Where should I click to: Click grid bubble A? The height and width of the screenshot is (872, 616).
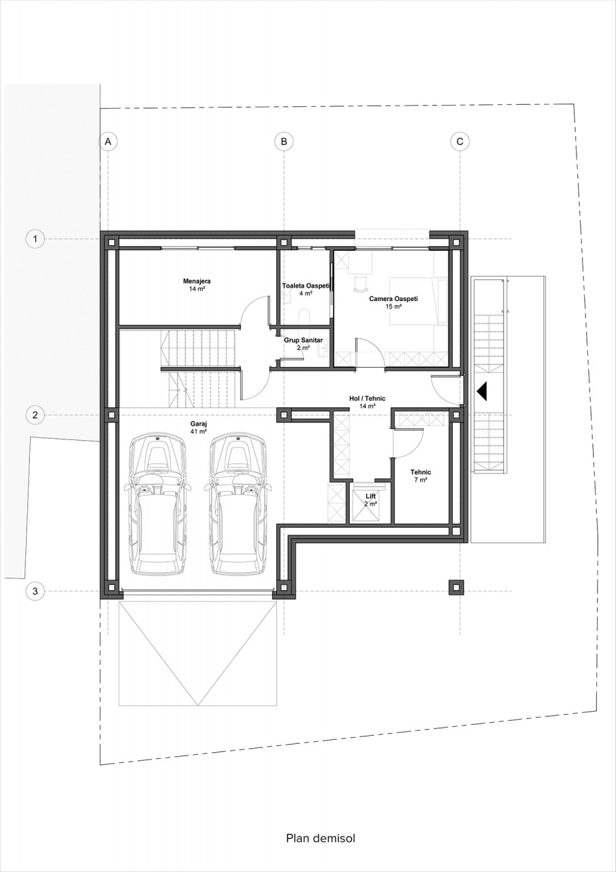click(x=108, y=141)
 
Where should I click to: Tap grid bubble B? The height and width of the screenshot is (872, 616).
click(x=284, y=141)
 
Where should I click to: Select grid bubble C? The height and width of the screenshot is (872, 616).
click(x=459, y=141)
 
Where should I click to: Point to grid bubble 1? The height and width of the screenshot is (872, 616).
click(x=35, y=238)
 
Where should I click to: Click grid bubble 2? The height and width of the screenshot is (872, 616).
click(x=35, y=415)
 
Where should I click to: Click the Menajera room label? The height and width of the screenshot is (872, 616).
click(x=197, y=281)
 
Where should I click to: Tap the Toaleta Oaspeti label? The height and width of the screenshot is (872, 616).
click(x=306, y=285)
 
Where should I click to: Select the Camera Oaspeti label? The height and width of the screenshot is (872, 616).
click(x=393, y=299)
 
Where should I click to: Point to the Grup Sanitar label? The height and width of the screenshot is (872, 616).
click(x=303, y=340)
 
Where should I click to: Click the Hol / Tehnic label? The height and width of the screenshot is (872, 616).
click(x=367, y=399)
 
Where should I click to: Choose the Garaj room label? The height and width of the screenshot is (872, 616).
click(x=198, y=424)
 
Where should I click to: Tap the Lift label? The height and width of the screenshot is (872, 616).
click(x=370, y=497)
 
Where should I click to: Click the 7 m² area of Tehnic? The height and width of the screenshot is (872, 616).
click(x=421, y=480)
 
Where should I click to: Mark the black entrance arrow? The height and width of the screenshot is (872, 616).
click(x=482, y=391)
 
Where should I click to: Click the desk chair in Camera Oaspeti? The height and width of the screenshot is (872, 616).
click(x=361, y=283)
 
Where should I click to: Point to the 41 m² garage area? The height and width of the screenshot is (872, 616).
click(x=198, y=431)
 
